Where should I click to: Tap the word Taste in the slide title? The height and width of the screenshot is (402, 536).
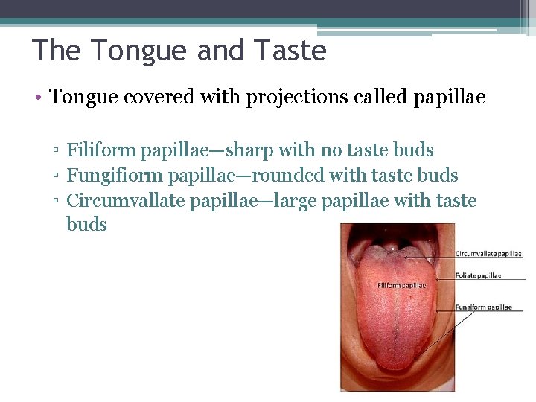click(x=290, y=51)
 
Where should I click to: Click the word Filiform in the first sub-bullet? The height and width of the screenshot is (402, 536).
click(x=94, y=150)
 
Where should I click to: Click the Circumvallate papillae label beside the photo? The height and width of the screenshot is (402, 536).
click(x=488, y=254)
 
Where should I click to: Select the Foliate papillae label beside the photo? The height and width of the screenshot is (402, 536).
click(x=479, y=275)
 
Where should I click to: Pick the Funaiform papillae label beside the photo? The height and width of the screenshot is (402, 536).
click(x=484, y=307)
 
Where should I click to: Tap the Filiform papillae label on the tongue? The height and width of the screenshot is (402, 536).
click(x=401, y=285)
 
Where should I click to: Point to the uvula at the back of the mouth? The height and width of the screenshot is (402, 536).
click(x=392, y=245)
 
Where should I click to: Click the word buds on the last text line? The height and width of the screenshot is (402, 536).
click(x=86, y=225)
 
